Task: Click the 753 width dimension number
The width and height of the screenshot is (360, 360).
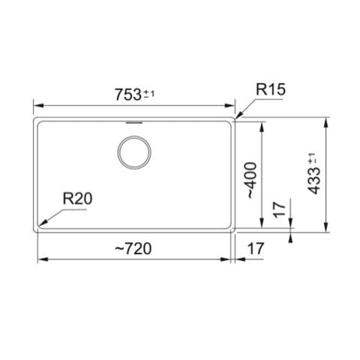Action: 127,94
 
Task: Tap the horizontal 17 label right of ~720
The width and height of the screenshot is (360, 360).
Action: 256,248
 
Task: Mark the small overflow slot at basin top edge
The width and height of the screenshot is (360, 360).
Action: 135,120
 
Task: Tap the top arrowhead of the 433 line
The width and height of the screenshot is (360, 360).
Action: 327,119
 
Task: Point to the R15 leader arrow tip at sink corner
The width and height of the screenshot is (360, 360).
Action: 235,118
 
